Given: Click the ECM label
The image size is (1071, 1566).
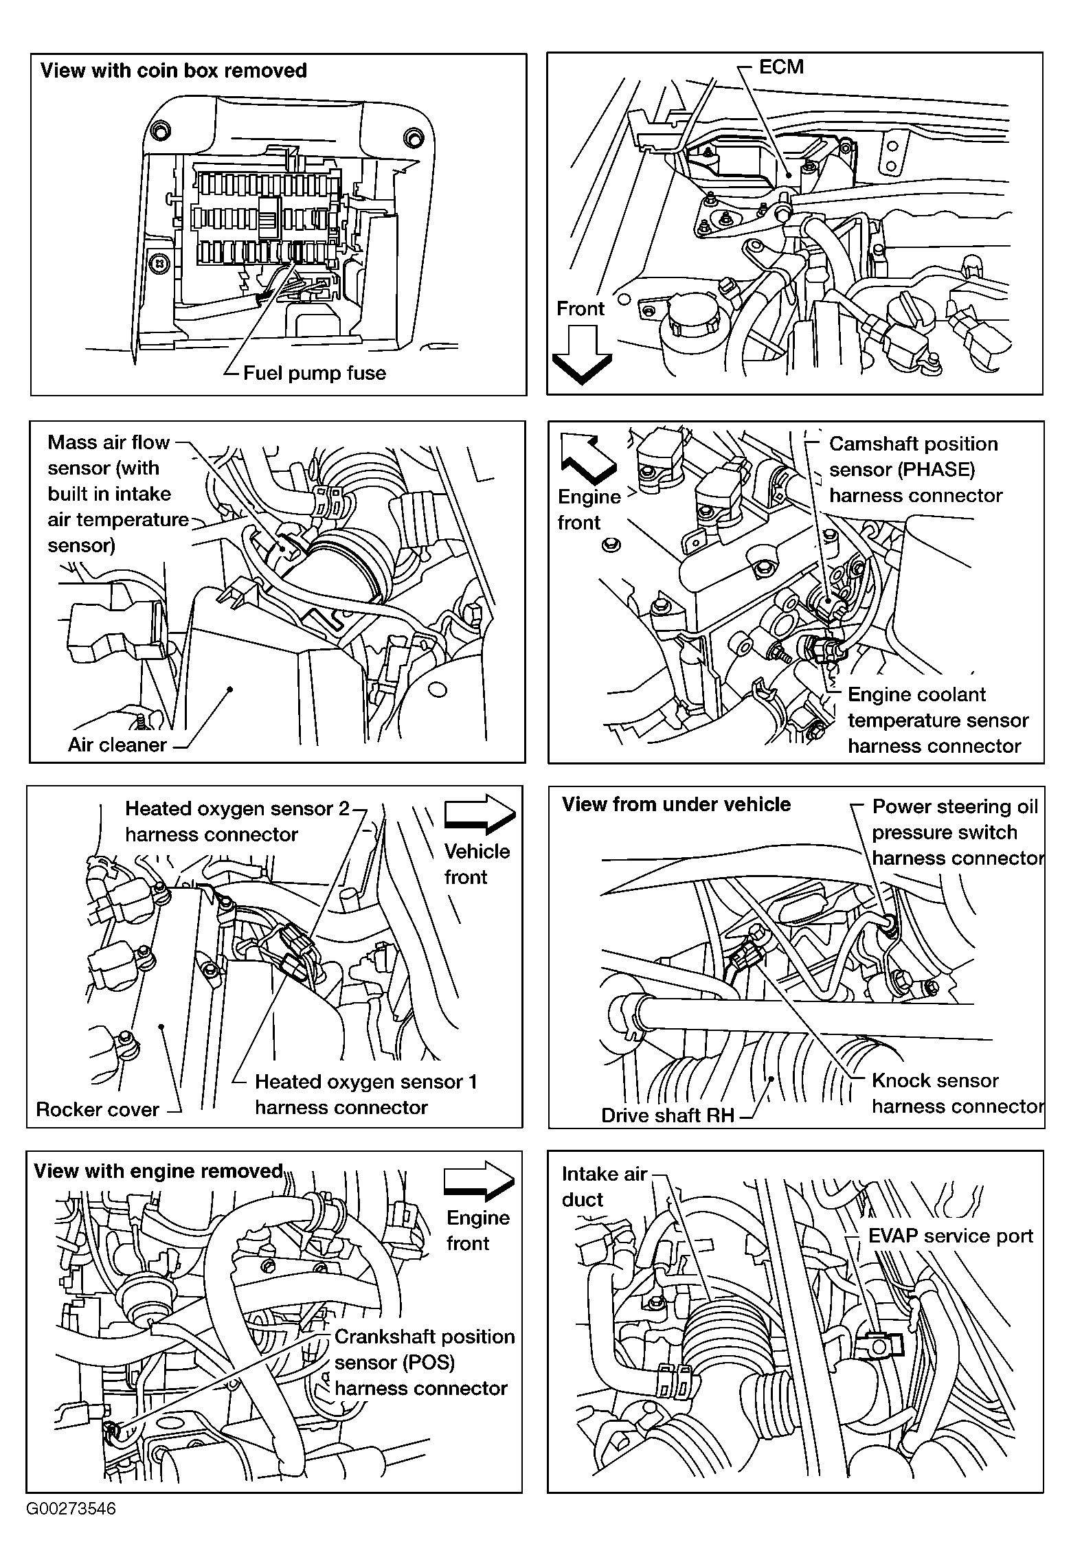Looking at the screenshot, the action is click(781, 67).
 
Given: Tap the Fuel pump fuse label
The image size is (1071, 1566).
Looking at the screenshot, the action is click(315, 373).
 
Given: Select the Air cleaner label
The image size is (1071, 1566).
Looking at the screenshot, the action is click(117, 745).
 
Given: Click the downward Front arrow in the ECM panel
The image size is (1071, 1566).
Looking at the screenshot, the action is click(582, 354).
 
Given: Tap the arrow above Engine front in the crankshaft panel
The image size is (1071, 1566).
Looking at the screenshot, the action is click(480, 1181).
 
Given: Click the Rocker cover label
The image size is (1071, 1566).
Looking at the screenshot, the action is click(98, 1110).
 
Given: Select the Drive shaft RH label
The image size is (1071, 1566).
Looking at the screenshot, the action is click(668, 1115).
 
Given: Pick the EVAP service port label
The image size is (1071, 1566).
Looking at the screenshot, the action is click(951, 1236).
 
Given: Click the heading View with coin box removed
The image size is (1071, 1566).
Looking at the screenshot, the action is click(174, 71).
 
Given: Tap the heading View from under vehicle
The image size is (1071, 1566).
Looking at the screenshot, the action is click(677, 804).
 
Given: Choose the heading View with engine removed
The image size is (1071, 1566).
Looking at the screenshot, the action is click(159, 1170).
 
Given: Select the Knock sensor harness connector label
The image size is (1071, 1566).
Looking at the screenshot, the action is click(958, 1093).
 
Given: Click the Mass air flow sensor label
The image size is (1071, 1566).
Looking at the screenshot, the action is click(118, 494).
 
